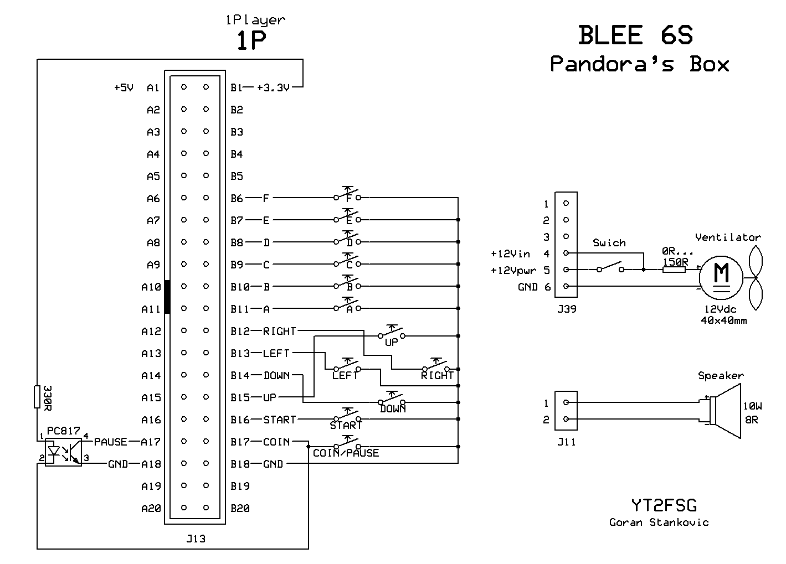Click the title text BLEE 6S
[635, 36]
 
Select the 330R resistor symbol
[38, 396]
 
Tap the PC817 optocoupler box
[63, 452]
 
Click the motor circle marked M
[721, 275]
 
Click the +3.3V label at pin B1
[273, 87]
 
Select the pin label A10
[151, 287]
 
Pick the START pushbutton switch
[347, 418]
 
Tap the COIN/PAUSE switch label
[346, 453]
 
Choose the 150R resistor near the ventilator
[674, 270]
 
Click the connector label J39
[566, 309]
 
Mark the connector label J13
[196, 538]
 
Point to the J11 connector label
[566, 442]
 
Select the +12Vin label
[510, 254]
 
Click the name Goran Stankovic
[659, 522]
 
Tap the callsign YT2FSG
[664, 505]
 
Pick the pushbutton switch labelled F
[347, 196]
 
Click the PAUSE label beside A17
[110, 442]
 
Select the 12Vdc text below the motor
[720, 309]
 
